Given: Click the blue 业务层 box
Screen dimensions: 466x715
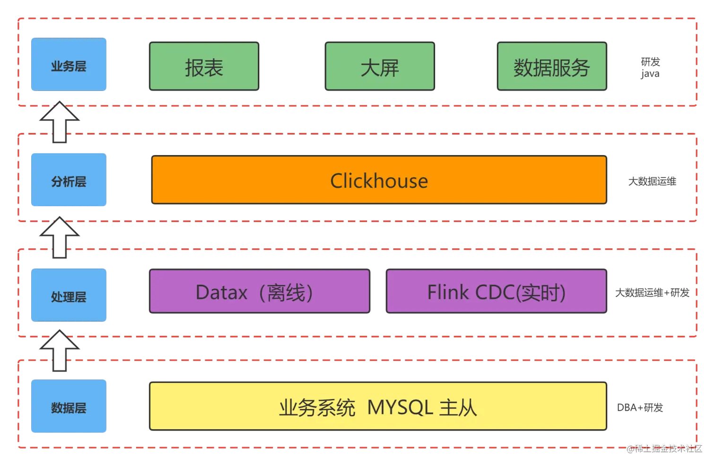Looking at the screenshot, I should pyautogui.click(x=69, y=65).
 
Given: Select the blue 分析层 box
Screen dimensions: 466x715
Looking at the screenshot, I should pyautogui.click(x=69, y=181).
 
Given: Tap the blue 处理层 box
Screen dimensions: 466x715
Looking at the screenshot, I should pyautogui.click(x=69, y=296).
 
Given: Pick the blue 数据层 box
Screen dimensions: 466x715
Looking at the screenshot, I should pyautogui.click(x=69, y=406).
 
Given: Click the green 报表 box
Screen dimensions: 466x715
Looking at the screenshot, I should pyautogui.click(x=204, y=67).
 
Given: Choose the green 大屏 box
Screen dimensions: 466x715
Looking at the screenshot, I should pyautogui.click(x=380, y=67).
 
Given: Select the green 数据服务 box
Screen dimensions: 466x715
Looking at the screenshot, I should pyautogui.click(x=551, y=67).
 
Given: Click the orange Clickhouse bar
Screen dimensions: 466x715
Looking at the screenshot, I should pyautogui.click(x=379, y=181).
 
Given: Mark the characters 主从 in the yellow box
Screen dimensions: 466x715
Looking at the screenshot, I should pyautogui.click(x=458, y=407).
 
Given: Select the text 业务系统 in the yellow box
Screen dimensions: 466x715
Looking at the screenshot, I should pyautogui.click(x=317, y=407).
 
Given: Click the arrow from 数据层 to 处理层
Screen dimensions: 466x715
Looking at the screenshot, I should pyautogui.click(x=60, y=351).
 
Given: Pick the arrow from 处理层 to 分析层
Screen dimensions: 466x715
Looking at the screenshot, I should pyautogui.click(x=60, y=237).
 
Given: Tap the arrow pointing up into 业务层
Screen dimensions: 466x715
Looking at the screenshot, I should pyautogui.click(x=60, y=121).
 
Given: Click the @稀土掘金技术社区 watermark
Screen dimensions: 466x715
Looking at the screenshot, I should pyautogui.click(x=664, y=448).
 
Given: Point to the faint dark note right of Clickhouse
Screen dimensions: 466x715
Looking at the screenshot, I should pyautogui.click(x=653, y=181).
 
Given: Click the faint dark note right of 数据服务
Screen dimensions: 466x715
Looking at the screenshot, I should pyautogui.click(x=651, y=69).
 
